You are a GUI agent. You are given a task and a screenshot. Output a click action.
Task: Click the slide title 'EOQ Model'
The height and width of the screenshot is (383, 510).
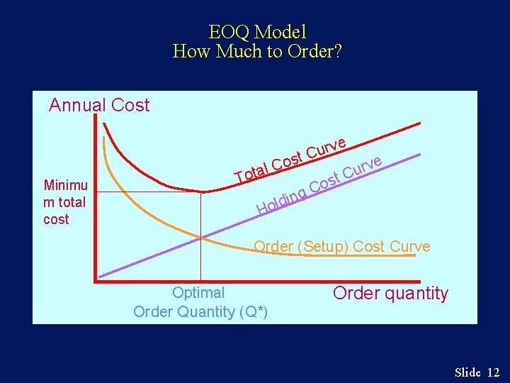click(257, 32)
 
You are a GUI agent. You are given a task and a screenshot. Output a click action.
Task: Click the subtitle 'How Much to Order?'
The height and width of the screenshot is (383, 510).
click(257, 52)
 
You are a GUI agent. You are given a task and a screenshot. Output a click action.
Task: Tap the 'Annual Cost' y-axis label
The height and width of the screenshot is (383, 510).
click(99, 106)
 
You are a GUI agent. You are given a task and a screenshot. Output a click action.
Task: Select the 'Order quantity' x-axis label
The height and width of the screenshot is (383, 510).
click(390, 294)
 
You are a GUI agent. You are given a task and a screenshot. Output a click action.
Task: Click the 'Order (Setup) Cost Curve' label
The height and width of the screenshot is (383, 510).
click(341, 247)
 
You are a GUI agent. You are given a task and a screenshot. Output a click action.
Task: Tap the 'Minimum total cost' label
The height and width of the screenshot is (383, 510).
click(64, 202)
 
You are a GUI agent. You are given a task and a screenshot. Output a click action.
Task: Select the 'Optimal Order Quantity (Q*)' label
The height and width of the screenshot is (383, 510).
click(200, 302)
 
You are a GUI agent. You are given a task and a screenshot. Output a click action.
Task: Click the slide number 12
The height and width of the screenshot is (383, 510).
click(493, 372)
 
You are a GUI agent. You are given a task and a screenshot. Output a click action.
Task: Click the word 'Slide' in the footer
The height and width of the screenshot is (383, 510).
click(467, 372)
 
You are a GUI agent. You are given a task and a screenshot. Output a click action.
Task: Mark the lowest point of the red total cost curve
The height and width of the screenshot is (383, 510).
click(202, 191)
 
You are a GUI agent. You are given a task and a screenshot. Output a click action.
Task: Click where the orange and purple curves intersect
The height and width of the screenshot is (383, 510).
click(201, 237)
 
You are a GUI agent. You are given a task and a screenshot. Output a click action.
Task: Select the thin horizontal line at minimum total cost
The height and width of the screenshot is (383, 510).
click(149, 192)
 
